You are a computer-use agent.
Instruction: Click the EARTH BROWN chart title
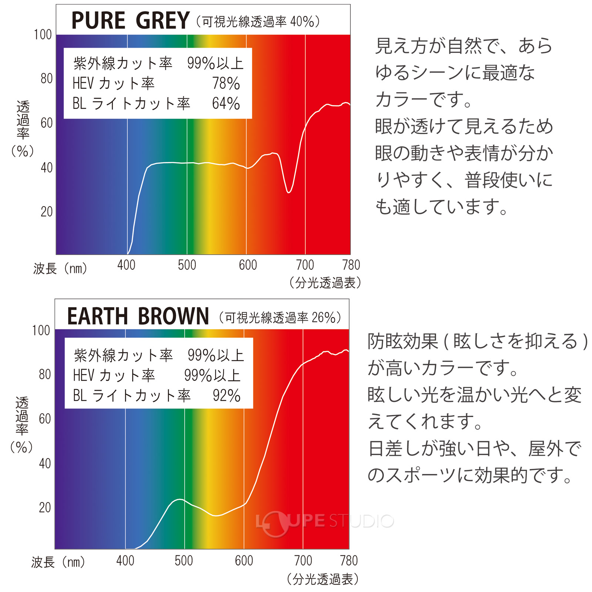click(138, 316)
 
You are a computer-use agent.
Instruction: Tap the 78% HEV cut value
click(226, 84)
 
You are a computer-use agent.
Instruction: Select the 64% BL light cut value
click(226, 104)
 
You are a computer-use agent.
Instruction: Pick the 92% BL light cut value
click(226, 396)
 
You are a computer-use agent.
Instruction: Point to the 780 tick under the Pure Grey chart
click(351, 265)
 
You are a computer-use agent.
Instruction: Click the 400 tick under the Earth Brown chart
click(125, 561)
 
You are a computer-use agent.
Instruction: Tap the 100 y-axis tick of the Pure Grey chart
click(43, 35)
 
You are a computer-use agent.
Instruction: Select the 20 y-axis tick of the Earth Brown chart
click(45, 507)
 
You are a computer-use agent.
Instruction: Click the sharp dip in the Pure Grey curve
click(289, 192)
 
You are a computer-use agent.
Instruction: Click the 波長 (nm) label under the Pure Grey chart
click(60, 268)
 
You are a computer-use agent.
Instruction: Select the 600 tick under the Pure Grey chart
click(248, 265)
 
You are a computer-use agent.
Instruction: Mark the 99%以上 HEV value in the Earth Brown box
click(212, 376)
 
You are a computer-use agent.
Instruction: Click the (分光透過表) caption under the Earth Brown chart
click(322, 579)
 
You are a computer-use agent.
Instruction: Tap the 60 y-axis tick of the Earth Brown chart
click(45, 419)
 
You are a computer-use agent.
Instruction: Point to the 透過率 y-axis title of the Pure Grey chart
click(23, 120)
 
